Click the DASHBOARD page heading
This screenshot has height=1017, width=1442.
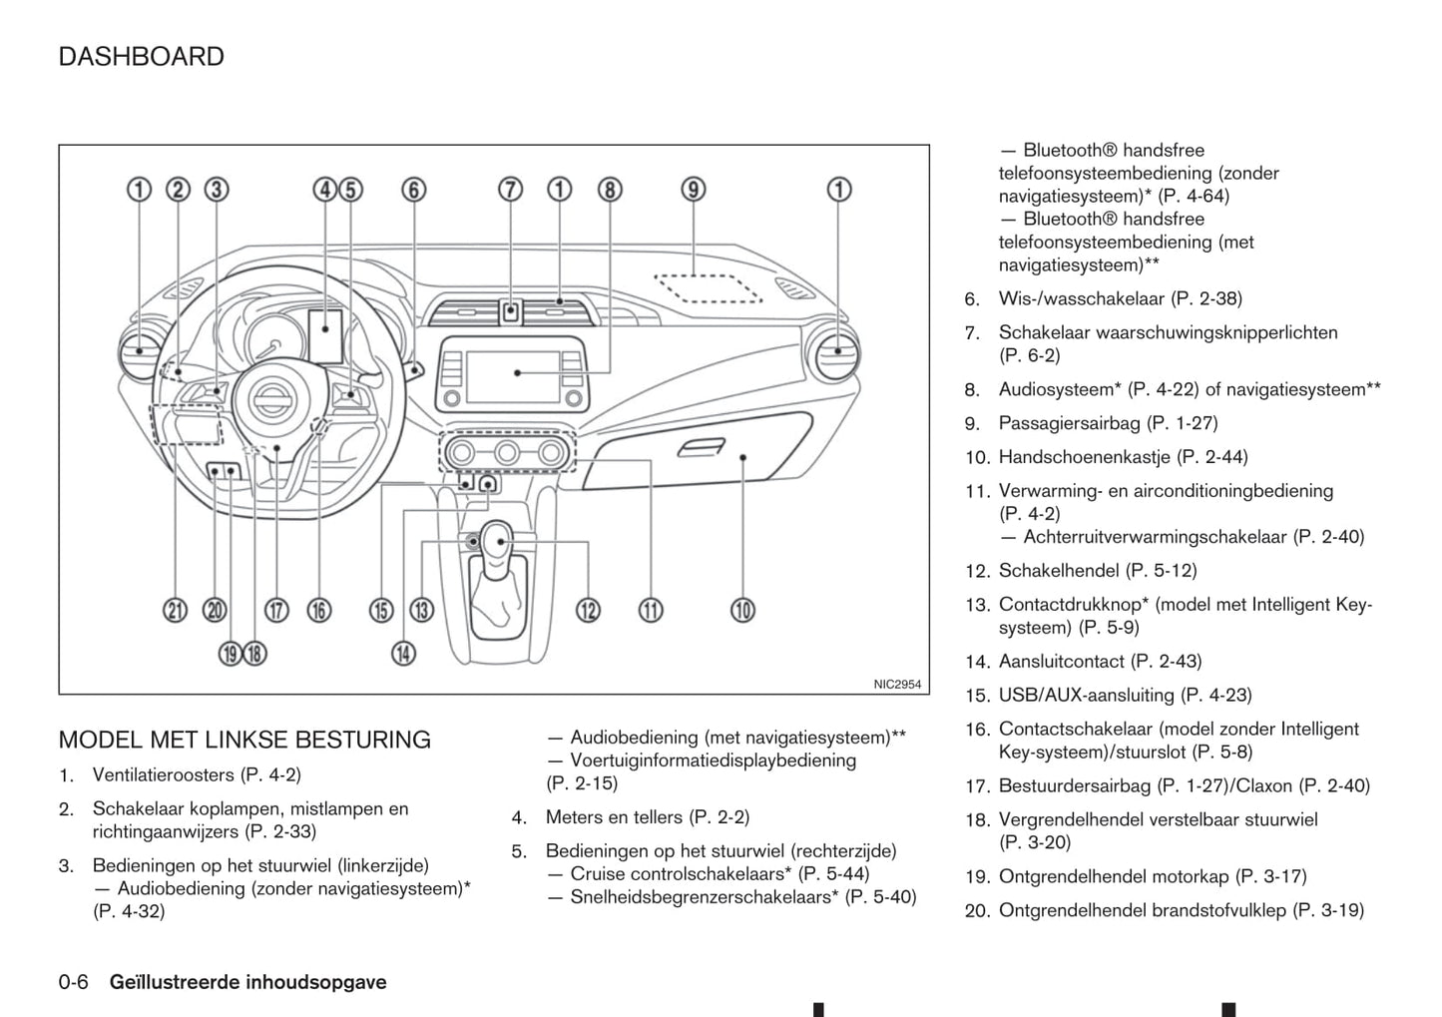[141, 57]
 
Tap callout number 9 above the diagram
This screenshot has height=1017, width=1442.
[693, 190]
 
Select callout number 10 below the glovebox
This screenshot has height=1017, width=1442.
[742, 610]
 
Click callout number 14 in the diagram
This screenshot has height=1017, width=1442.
[403, 654]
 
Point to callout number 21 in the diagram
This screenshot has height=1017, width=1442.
[176, 611]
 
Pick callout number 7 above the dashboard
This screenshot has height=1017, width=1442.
[510, 190]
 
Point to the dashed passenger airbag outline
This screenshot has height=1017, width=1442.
[708, 287]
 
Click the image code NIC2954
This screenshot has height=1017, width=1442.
[897, 685]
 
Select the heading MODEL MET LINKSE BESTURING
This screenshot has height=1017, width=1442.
[244, 740]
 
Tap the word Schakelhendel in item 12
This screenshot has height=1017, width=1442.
[1059, 571]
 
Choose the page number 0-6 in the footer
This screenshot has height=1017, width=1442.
[74, 982]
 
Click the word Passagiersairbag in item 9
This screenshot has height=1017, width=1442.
[1069, 423]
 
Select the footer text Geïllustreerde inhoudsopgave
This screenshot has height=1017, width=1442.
[247, 982]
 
